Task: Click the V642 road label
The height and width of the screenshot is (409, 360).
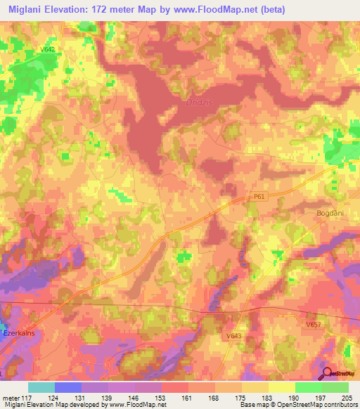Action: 48,49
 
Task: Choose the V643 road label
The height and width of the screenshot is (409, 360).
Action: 235,336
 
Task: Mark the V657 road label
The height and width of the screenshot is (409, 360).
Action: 314,325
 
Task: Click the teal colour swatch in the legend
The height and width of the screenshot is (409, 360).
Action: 41,387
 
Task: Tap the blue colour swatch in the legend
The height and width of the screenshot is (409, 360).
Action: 67,387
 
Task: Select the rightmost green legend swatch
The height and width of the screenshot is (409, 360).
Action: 335,387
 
